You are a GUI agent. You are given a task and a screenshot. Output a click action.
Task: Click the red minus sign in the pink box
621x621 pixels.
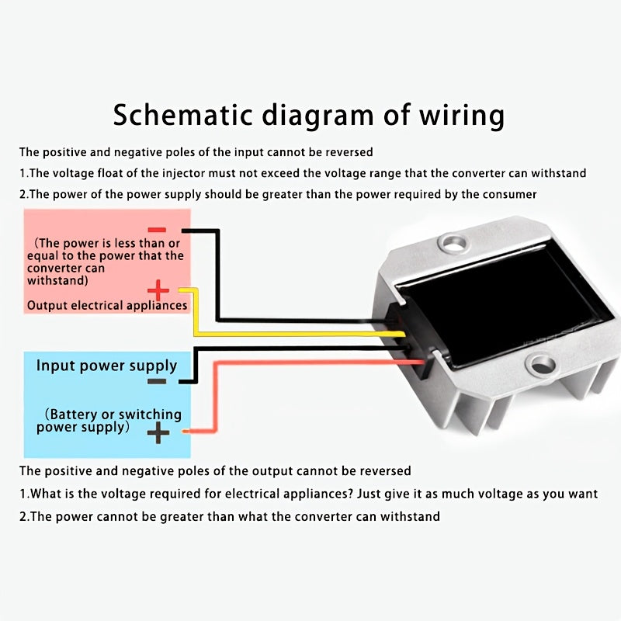coord(157,230)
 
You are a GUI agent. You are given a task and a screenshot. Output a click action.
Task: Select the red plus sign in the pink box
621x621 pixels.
coord(158,291)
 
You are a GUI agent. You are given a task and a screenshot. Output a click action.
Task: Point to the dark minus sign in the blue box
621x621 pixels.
coord(157,381)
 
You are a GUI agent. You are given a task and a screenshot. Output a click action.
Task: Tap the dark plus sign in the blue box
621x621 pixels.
coord(158,432)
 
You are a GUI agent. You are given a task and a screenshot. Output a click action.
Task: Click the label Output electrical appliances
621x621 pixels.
coord(107,305)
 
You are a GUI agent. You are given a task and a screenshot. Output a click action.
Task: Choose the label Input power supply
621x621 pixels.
coord(106,366)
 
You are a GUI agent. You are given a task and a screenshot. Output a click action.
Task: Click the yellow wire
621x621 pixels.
coord(295,334)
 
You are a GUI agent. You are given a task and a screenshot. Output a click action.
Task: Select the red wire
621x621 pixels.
coord(310,363)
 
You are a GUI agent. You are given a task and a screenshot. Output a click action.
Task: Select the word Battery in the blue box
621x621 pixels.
coord(78,415)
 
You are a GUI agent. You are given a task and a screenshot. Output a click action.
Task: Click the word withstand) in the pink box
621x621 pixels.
coord(57,280)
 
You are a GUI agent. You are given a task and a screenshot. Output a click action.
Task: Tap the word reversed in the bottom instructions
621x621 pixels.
coord(383,470)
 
